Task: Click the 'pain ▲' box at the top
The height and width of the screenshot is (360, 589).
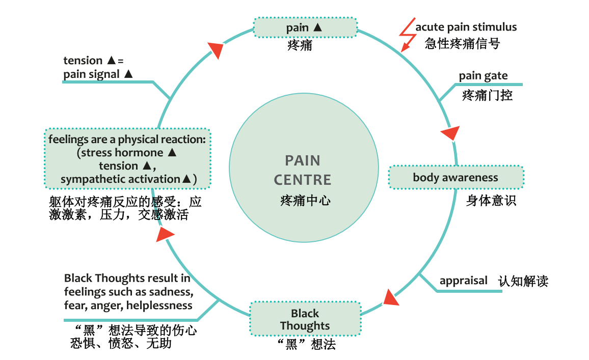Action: point(305,27)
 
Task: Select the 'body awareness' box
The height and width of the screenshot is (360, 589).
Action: point(456,177)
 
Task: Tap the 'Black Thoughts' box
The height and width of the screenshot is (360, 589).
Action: point(305,320)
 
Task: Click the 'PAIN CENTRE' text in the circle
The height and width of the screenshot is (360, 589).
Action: point(303,170)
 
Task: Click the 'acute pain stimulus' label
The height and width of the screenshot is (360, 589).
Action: point(466,27)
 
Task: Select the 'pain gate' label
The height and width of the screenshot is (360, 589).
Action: point(483,76)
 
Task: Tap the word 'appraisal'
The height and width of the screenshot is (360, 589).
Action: point(463,281)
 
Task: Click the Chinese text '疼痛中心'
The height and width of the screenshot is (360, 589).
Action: point(305,200)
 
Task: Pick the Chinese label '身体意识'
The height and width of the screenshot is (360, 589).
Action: point(491,201)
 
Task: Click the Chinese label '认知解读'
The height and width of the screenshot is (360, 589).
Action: point(523,281)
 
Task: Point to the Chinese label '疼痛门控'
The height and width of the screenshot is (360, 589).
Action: point(487,95)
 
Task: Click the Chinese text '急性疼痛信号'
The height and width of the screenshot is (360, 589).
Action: point(462,43)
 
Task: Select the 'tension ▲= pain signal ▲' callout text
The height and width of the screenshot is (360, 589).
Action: point(98,67)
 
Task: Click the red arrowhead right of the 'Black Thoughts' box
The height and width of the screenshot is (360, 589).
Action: point(390,297)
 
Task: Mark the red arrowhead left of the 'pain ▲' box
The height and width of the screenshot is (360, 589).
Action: point(216,49)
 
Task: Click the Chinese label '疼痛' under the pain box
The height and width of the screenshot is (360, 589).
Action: point(300,46)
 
